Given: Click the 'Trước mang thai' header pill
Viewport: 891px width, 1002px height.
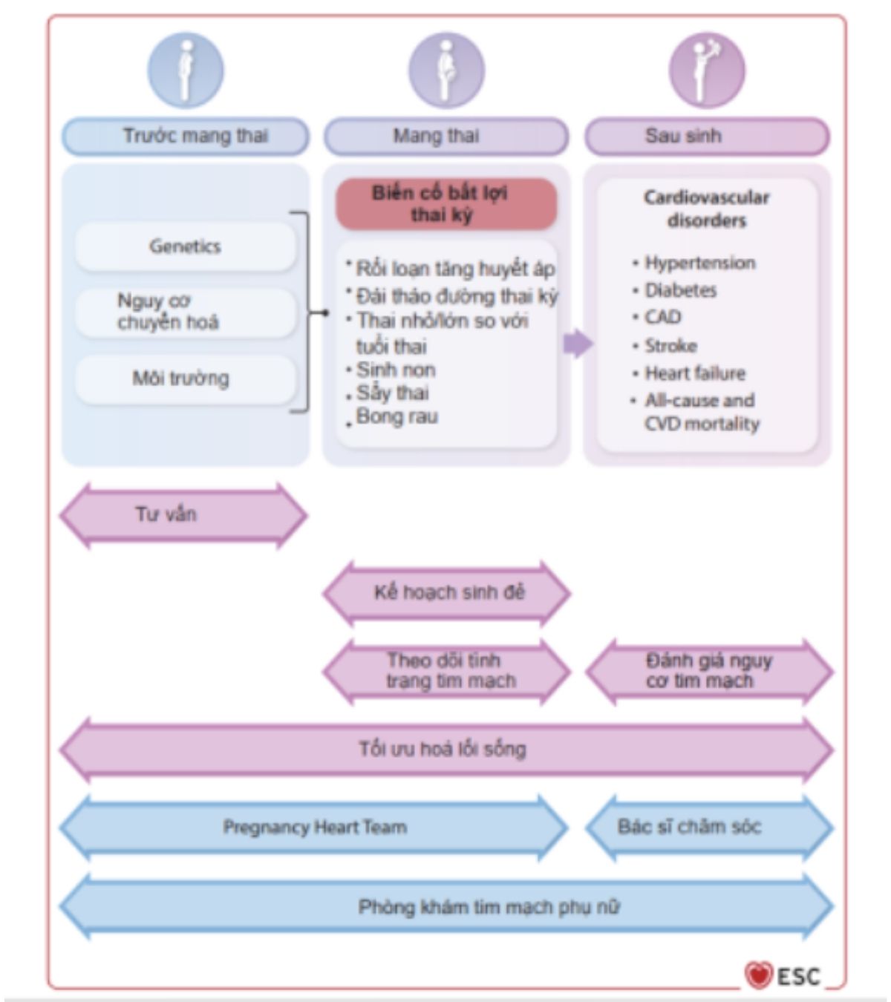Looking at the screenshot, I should [186, 137].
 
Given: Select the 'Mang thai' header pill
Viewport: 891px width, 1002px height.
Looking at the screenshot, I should [446, 137].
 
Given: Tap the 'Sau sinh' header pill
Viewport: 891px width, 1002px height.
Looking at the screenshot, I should [707, 137].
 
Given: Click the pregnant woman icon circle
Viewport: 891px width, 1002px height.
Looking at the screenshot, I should [446, 71].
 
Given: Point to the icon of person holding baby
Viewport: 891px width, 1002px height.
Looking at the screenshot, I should [707, 71].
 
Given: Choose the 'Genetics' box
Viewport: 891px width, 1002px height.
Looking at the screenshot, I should [186, 246].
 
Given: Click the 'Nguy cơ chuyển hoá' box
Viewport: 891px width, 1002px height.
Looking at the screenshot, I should [186, 312].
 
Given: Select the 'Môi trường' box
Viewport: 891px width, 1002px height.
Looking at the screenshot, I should [186, 379].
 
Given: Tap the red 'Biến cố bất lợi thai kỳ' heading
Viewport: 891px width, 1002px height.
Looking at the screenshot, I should [446, 204].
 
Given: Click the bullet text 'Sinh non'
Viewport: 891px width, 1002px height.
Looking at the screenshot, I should [396, 370].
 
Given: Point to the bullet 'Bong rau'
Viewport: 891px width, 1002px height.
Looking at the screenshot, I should [397, 416].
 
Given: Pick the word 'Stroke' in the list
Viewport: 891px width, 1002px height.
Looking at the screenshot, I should [670, 346].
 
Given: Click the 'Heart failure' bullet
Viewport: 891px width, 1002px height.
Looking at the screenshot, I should [694, 373].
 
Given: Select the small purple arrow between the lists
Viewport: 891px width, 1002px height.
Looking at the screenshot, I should [578, 344].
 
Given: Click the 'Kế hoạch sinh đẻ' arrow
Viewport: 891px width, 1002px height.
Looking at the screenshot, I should [448, 593].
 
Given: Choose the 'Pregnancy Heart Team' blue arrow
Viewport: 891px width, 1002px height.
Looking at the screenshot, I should [314, 828].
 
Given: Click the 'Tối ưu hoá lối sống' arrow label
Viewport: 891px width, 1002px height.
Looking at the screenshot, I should [444, 749].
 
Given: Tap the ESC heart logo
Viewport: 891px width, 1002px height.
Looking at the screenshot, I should [758, 975].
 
